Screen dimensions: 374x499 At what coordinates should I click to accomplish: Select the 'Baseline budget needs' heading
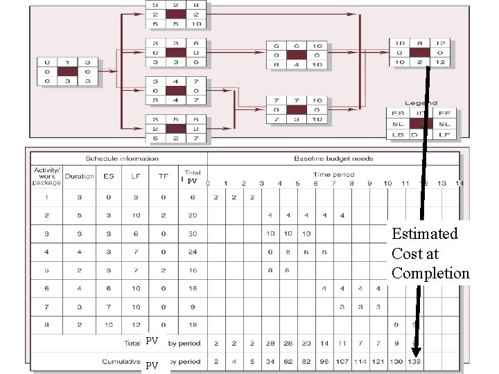[333, 158]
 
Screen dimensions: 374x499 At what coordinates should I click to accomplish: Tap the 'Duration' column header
[80, 176]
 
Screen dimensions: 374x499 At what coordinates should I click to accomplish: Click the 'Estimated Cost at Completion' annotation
[430, 253]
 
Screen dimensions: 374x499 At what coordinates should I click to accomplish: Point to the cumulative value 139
[414, 361]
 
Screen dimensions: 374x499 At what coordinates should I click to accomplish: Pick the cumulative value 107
[342, 361]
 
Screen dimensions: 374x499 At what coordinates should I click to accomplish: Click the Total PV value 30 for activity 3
[192, 233]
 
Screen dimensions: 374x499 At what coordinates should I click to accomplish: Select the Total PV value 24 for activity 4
[192, 252]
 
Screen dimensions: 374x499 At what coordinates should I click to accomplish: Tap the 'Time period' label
[333, 175]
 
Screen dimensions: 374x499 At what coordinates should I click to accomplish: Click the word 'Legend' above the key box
[421, 103]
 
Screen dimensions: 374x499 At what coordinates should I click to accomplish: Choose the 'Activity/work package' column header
[46, 176]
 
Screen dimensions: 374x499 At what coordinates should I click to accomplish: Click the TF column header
[164, 176]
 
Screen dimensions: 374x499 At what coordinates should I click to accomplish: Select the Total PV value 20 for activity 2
[192, 215]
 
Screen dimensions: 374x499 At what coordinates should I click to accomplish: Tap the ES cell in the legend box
[398, 113]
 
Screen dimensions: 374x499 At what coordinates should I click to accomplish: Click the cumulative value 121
[378, 361]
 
